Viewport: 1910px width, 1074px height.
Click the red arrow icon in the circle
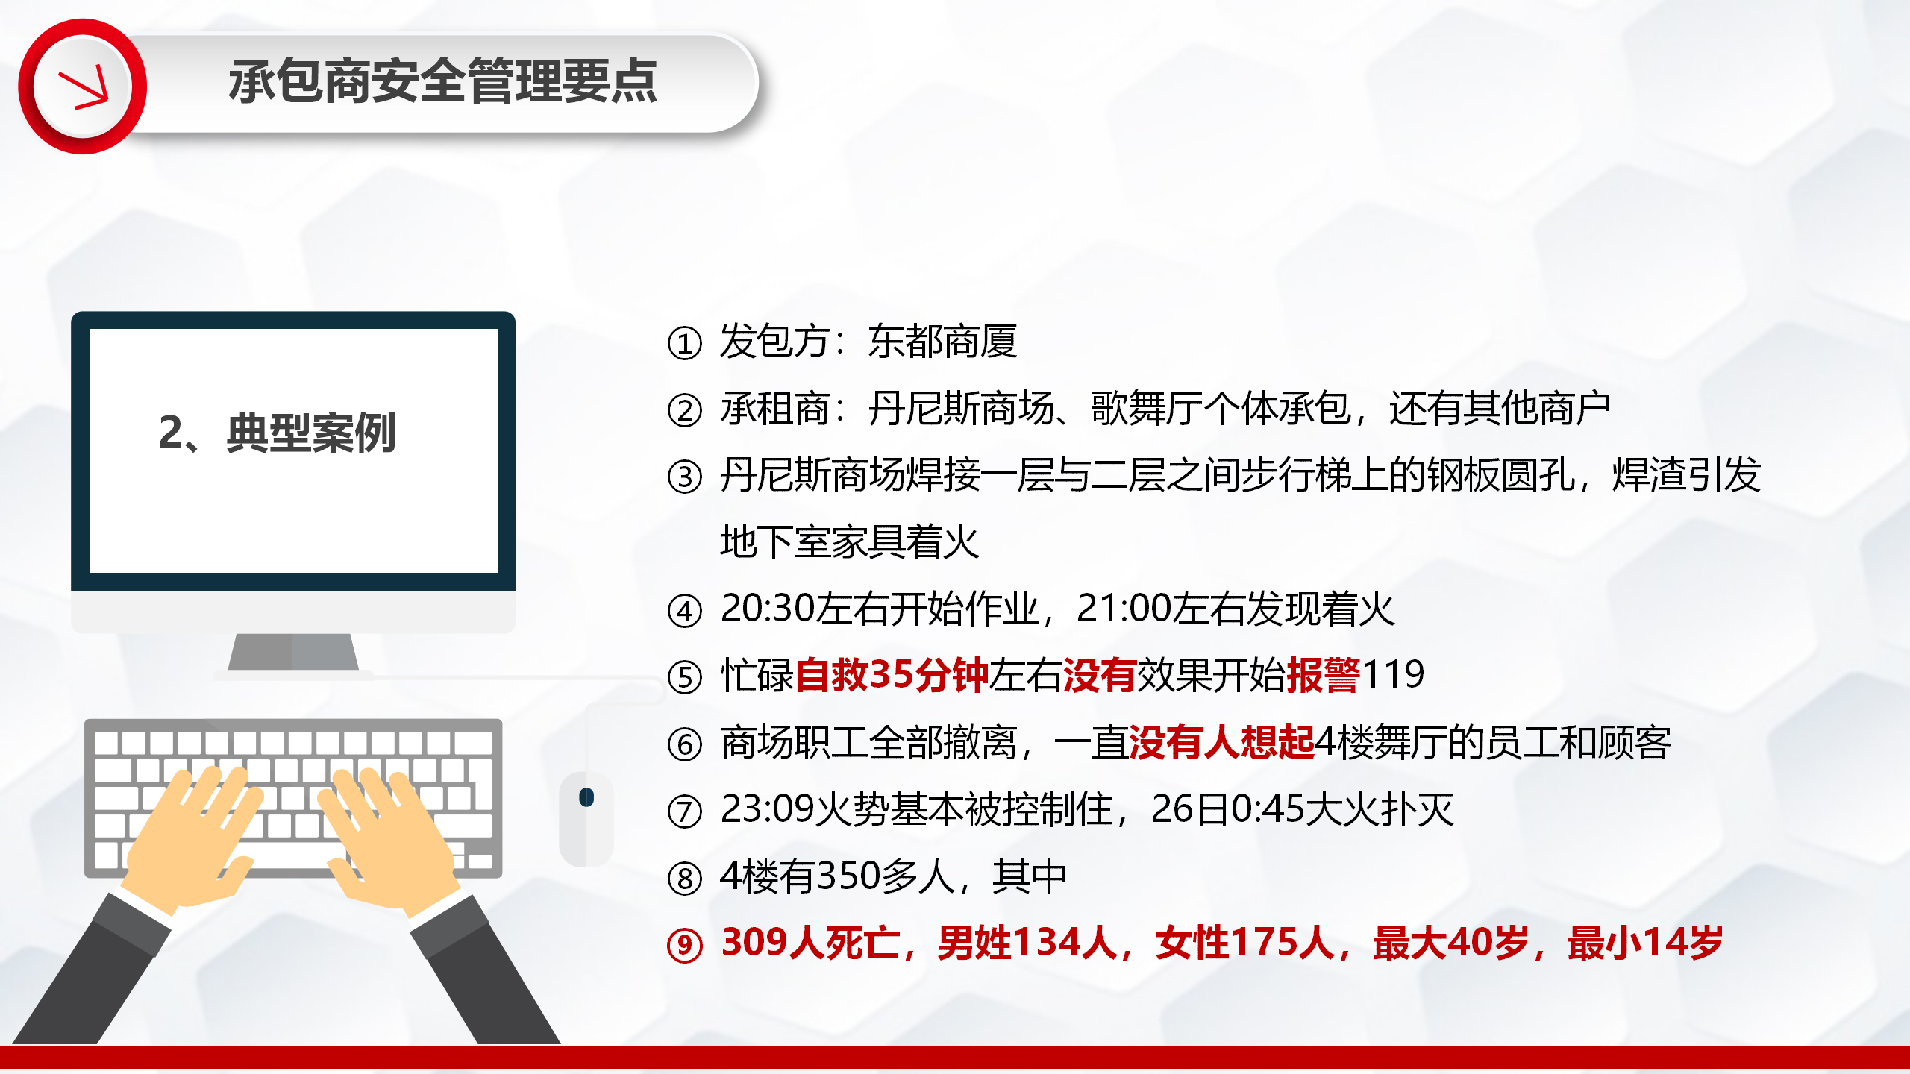coord(84,90)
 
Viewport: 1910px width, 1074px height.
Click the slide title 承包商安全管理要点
coord(443,81)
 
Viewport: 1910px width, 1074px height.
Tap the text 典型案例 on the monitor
coord(311,433)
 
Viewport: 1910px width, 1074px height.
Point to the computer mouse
coord(586,819)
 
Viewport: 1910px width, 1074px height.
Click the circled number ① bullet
coord(685,344)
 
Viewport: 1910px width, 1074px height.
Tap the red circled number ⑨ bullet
coord(685,945)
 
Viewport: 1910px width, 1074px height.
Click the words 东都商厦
coord(942,342)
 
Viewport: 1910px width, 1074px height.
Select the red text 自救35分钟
coord(892,675)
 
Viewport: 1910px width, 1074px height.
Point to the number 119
coord(1394,674)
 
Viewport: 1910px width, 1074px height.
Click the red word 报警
coord(1324,675)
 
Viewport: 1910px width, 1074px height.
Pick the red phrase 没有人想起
coord(1222,742)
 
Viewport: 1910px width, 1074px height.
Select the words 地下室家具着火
coord(850,541)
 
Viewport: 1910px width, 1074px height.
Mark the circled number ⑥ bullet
coord(685,744)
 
